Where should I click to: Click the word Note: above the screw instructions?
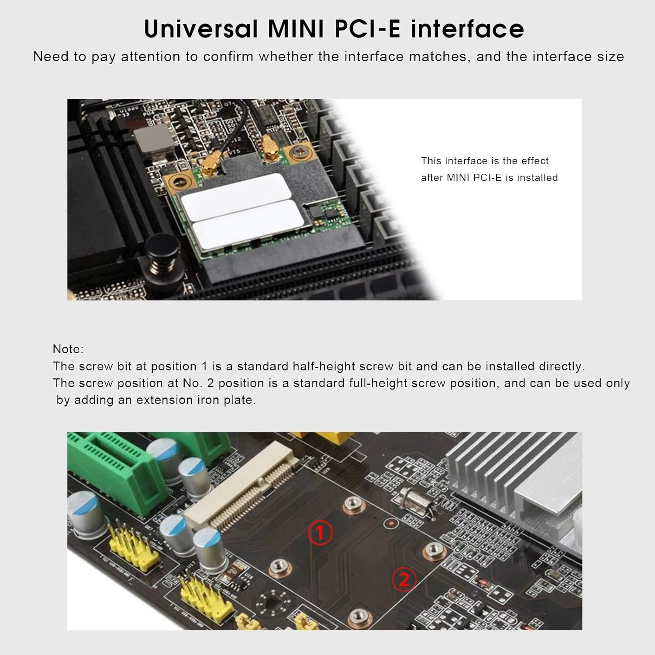click(x=68, y=349)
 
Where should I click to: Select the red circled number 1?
click(x=320, y=533)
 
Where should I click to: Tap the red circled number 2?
click(x=404, y=579)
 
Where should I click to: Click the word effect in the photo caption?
click(x=534, y=161)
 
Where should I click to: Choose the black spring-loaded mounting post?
click(x=160, y=254)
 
